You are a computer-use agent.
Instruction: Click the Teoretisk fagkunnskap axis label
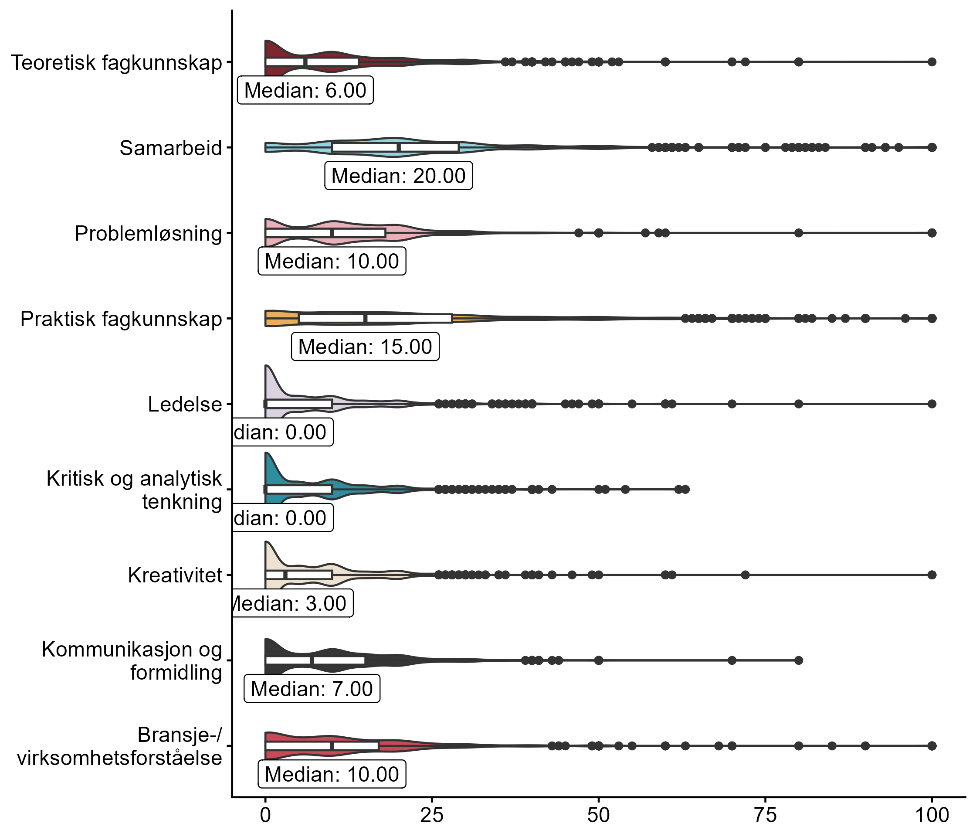pos(116,63)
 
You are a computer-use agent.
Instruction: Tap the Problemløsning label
pos(148,234)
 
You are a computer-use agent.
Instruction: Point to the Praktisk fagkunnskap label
pos(121,319)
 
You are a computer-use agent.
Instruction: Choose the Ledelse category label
pos(185,405)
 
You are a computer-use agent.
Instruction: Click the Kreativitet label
pos(175,575)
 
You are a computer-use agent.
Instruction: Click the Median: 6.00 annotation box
pos(305,90)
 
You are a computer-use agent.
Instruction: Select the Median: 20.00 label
pos(399,176)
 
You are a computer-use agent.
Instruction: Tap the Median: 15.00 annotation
pos(365,347)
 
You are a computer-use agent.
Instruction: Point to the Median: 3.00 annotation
pos(292,604)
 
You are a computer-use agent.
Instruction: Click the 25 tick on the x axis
pos(432,816)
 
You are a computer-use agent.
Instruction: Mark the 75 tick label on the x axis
pos(765,816)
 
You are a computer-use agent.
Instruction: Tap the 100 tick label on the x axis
pos(931,816)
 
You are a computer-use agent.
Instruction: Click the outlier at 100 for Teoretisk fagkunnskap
pos(932,62)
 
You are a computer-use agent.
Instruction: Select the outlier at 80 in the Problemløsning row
pos(798,233)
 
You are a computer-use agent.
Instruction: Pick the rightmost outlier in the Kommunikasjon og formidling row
pos(798,660)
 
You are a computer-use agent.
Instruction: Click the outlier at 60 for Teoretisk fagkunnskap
pos(665,62)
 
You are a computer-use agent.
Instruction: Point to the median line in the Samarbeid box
pos(399,147)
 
